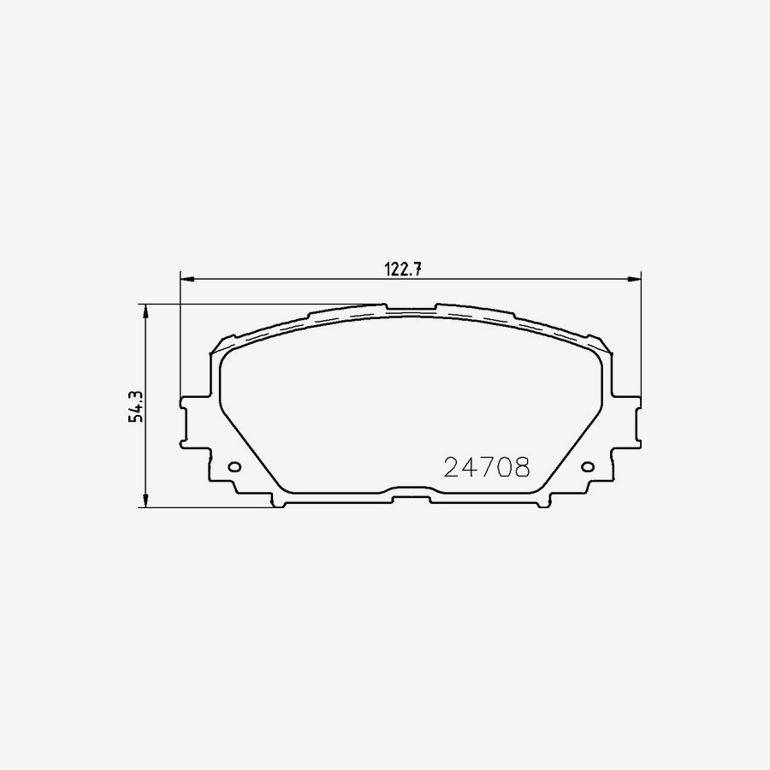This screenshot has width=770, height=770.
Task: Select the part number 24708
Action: click(487, 467)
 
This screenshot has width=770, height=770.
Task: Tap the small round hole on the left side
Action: click(235, 467)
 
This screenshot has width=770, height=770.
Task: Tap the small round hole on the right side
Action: click(587, 467)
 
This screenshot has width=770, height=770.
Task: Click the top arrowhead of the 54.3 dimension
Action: click(147, 311)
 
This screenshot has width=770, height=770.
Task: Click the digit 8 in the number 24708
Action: click(521, 467)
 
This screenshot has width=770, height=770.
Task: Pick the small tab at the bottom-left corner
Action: click(278, 502)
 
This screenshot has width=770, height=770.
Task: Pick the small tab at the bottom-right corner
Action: click(542, 502)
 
